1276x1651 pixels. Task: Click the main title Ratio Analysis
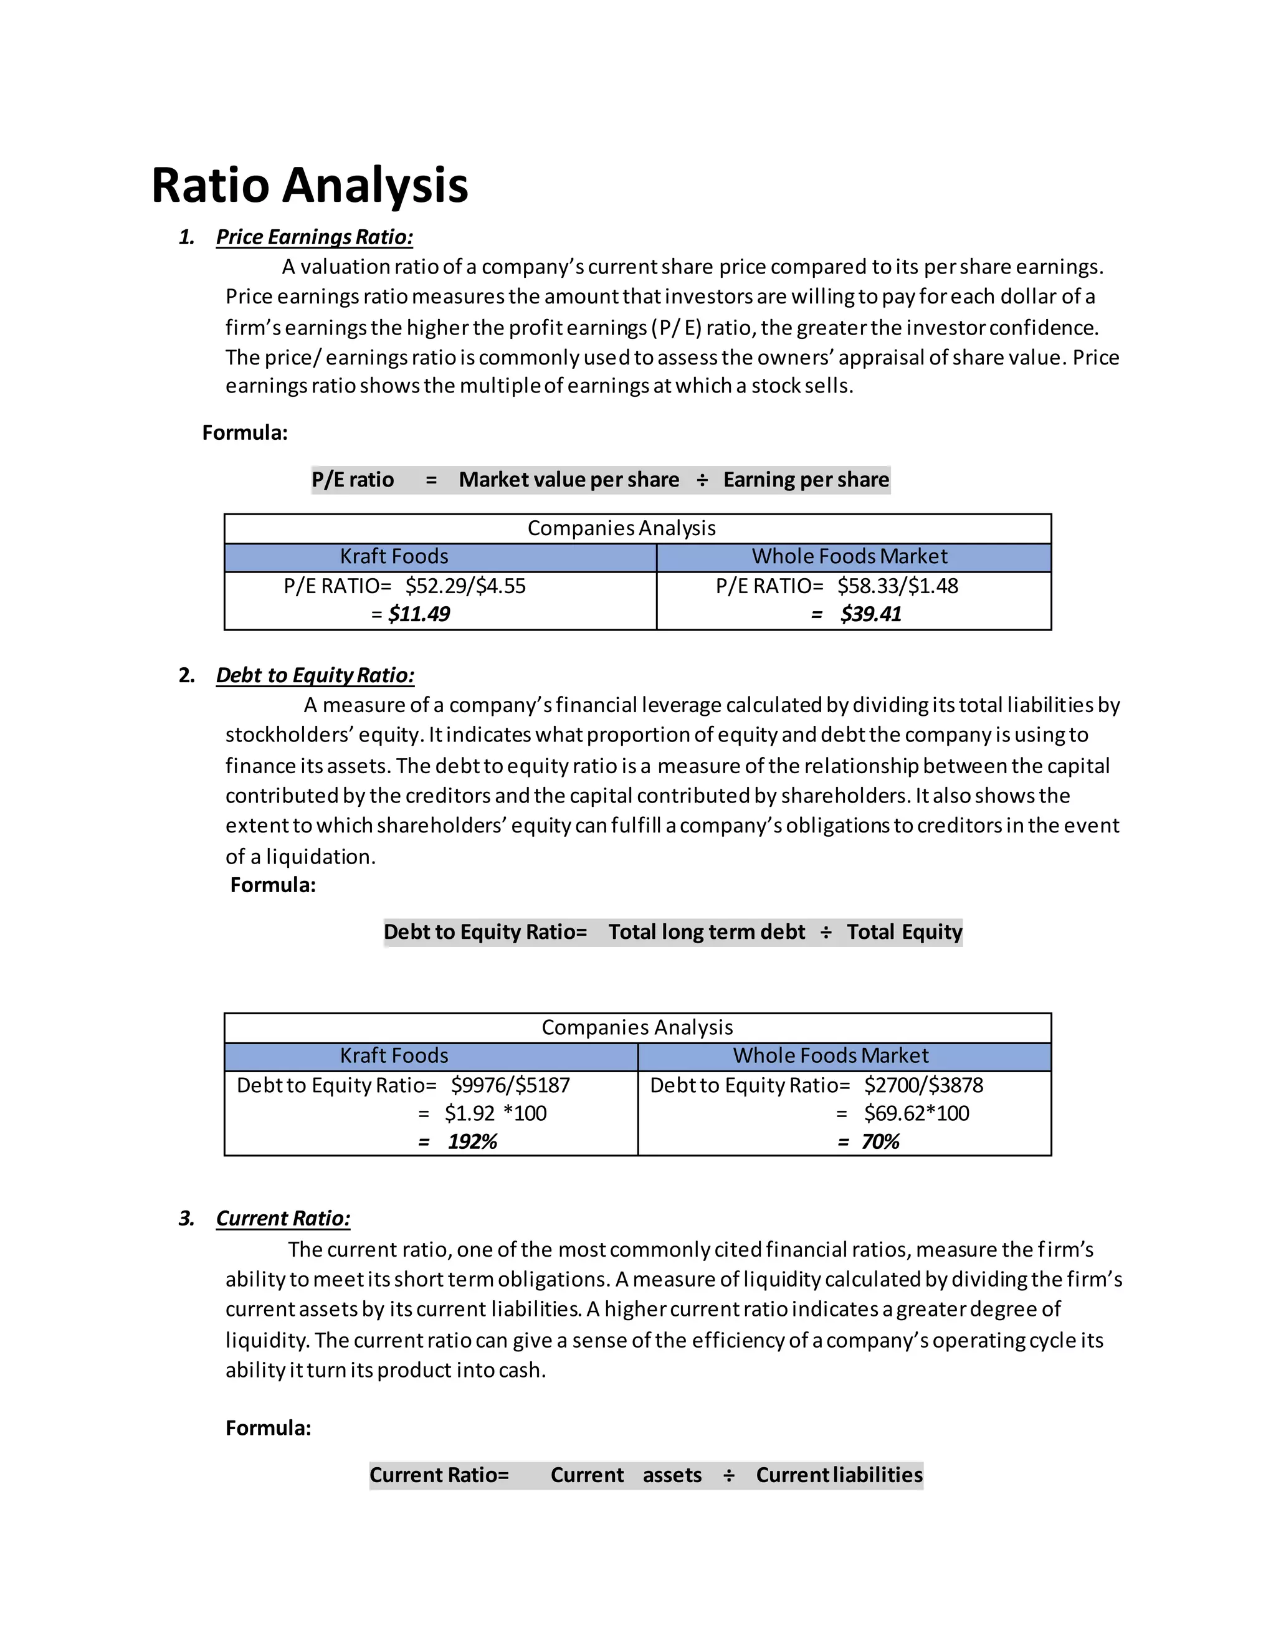click(x=309, y=185)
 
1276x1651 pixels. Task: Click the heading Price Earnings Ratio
click(x=315, y=237)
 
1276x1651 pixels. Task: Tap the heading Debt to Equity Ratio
click(x=315, y=675)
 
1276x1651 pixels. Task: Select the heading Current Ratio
click(x=283, y=1218)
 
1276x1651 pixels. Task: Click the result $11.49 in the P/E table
click(x=419, y=614)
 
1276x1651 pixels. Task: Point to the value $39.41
click(x=871, y=614)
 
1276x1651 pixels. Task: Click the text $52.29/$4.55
click(x=465, y=586)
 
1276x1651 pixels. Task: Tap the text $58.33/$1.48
click(x=897, y=586)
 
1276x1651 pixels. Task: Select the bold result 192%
click(x=472, y=1141)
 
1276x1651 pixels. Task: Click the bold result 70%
click(x=880, y=1141)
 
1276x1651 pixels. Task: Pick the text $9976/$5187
click(x=510, y=1085)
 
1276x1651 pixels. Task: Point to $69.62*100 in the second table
click(x=916, y=1113)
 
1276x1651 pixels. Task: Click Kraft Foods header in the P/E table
click(x=394, y=556)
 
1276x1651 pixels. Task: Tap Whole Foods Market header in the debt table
click(x=830, y=1055)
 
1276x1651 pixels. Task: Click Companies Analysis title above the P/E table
click(x=621, y=528)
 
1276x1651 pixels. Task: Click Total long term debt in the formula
click(x=707, y=932)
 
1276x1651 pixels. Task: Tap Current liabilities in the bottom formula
click(x=839, y=1475)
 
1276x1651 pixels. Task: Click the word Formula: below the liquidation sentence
click(x=273, y=885)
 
